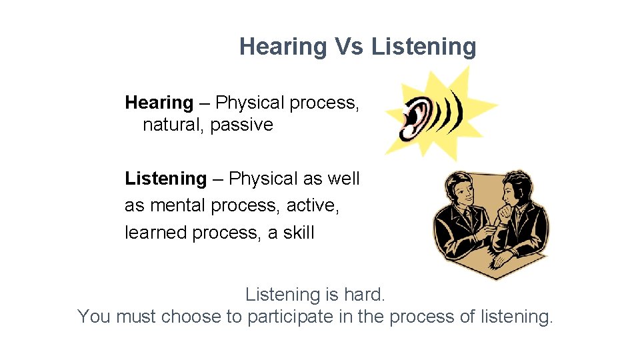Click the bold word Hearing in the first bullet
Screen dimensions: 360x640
pos(159,103)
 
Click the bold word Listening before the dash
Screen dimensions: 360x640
pos(165,179)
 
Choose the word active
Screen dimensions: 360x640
pos(312,205)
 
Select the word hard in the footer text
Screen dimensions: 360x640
pos(366,294)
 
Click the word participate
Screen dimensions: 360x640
pos(289,316)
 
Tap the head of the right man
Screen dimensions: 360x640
pos(515,186)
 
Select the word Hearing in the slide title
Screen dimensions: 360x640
pos(283,47)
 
